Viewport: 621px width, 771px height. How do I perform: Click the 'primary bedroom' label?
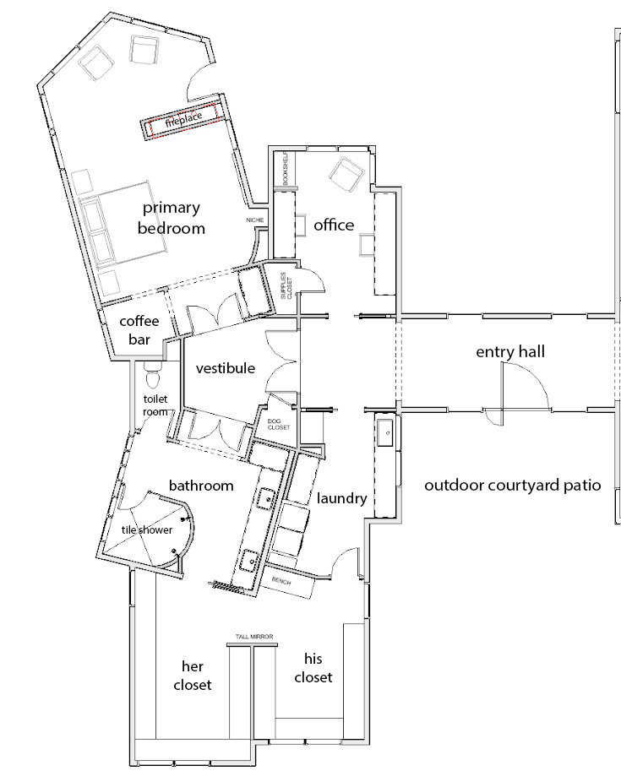(x=172, y=218)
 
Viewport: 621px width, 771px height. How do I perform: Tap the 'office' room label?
(x=334, y=225)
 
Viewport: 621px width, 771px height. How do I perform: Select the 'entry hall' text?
(x=510, y=351)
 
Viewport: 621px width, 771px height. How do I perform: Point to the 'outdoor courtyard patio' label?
(x=513, y=486)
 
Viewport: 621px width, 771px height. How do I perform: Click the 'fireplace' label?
(x=183, y=119)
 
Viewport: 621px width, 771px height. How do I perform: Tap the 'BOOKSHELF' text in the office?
(x=286, y=168)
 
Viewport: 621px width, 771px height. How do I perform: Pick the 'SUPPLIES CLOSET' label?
(x=286, y=285)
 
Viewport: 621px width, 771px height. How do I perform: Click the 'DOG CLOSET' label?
(x=279, y=424)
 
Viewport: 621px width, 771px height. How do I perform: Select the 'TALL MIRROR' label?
(x=254, y=637)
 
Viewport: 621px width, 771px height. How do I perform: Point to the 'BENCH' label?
(x=281, y=581)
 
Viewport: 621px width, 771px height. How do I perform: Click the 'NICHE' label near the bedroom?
(x=255, y=220)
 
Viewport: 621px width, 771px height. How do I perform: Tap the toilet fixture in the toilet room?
(x=153, y=375)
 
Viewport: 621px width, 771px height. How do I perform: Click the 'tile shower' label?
(x=147, y=529)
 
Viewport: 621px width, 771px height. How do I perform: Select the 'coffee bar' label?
(x=139, y=330)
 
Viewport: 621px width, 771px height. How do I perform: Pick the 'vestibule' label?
(x=226, y=368)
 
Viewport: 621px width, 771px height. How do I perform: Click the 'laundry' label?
(x=342, y=498)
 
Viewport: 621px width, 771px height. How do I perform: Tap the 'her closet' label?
(x=193, y=676)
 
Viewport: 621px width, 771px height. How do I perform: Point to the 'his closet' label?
(x=313, y=668)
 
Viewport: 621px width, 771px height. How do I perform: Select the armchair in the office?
(x=347, y=174)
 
